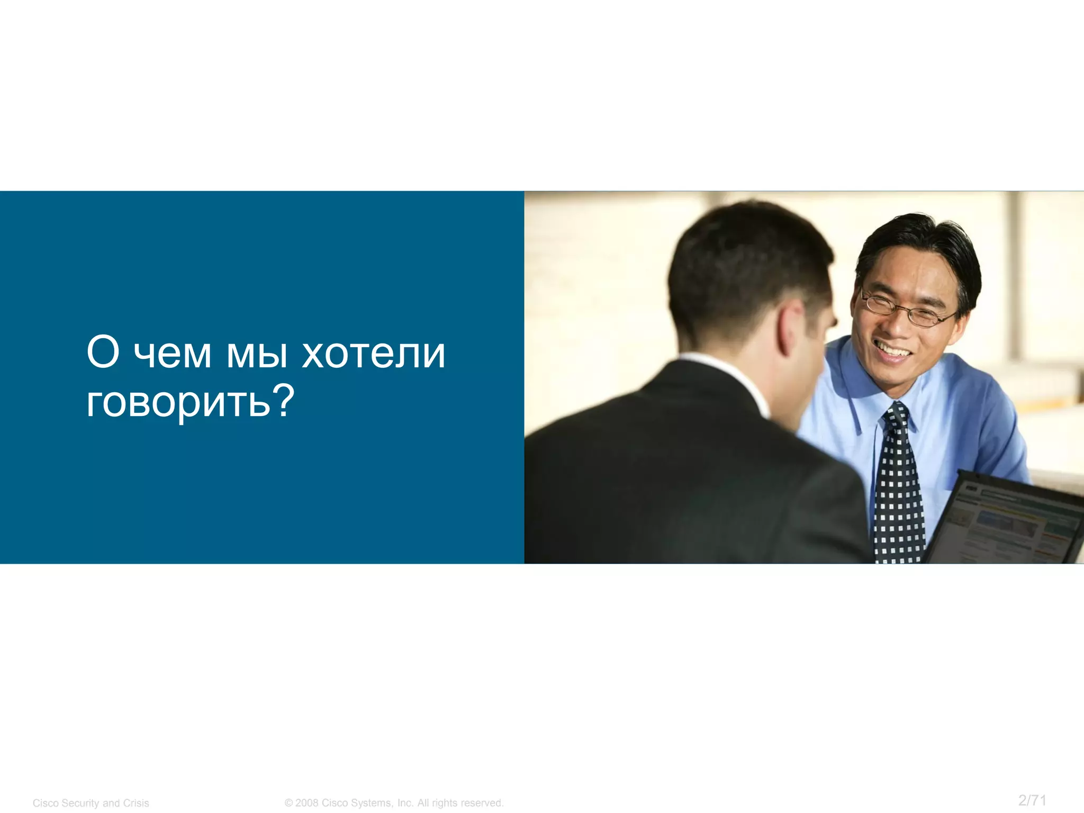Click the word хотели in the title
(x=373, y=354)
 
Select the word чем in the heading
(x=172, y=354)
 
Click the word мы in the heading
(x=257, y=354)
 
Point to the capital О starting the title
(x=103, y=353)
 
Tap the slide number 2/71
(x=1032, y=800)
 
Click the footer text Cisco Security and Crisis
(x=91, y=803)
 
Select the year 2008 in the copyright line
(x=307, y=803)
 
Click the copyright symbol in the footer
(x=288, y=803)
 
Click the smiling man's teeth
(x=892, y=350)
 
